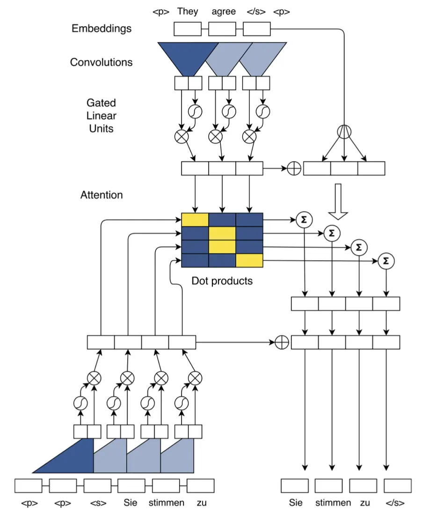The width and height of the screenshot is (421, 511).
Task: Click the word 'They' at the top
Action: coord(187,11)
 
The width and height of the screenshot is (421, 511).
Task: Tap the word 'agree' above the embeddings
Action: coord(223,11)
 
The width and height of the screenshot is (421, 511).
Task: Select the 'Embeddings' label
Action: coord(102,28)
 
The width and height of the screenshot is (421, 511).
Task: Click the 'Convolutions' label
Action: coord(101,62)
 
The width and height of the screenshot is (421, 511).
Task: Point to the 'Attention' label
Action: coord(102,195)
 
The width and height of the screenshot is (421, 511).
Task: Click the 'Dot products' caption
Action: coord(222,281)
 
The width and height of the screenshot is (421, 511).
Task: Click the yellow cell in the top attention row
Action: coord(195,220)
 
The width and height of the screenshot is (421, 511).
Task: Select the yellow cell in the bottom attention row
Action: coord(249,260)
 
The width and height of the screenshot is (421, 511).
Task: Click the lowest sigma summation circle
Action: coord(385,261)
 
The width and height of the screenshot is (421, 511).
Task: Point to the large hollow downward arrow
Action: coord(338,201)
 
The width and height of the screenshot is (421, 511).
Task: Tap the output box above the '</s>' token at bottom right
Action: coord(398,486)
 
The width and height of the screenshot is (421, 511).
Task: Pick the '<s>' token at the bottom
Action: coord(97,503)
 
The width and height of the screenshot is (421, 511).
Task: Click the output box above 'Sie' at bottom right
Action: coord(295,486)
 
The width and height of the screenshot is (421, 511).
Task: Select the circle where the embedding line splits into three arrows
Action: coord(344,131)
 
